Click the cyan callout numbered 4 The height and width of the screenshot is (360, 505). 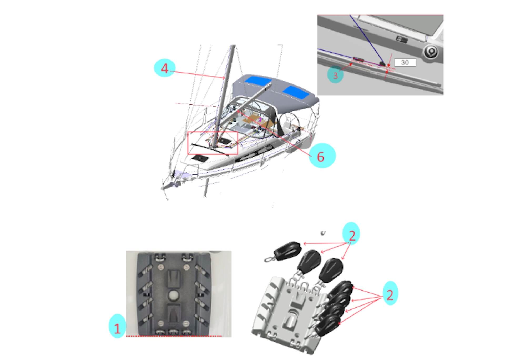click(x=164, y=68)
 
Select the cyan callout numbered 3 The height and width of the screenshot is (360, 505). click(x=335, y=75)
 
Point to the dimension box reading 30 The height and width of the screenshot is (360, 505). click(x=405, y=63)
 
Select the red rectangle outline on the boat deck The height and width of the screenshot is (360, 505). click(x=213, y=143)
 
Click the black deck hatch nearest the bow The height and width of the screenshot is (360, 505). click(x=200, y=158)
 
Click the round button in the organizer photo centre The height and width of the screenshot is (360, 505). click(x=173, y=294)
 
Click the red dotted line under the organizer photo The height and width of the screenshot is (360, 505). click(x=174, y=336)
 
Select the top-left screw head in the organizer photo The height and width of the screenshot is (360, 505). click(x=159, y=268)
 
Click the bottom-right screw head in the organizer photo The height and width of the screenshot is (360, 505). click(x=186, y=323)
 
